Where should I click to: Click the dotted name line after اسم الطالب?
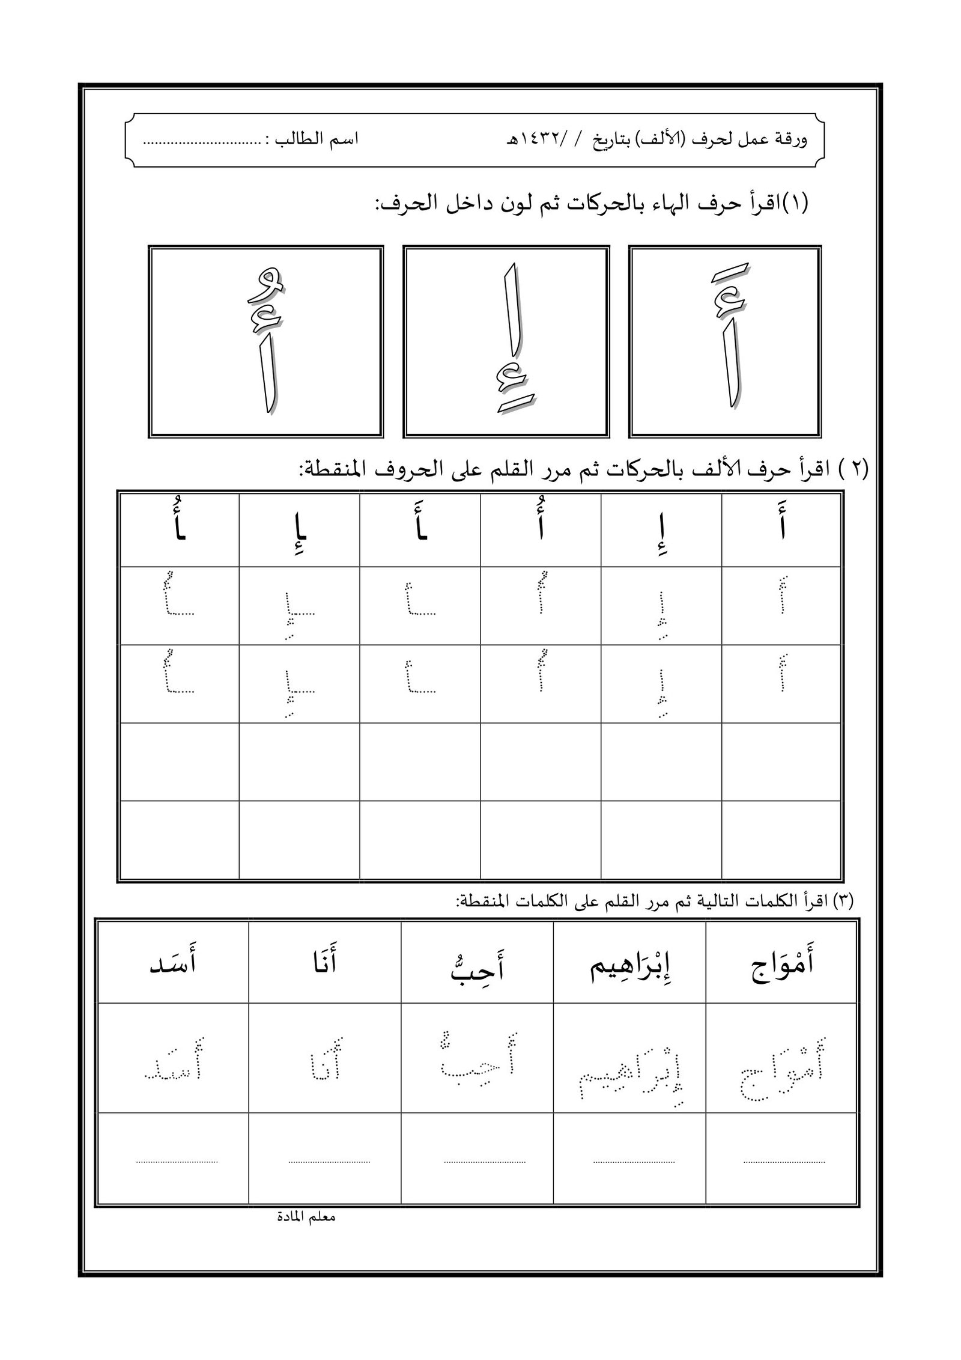point(195,144)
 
